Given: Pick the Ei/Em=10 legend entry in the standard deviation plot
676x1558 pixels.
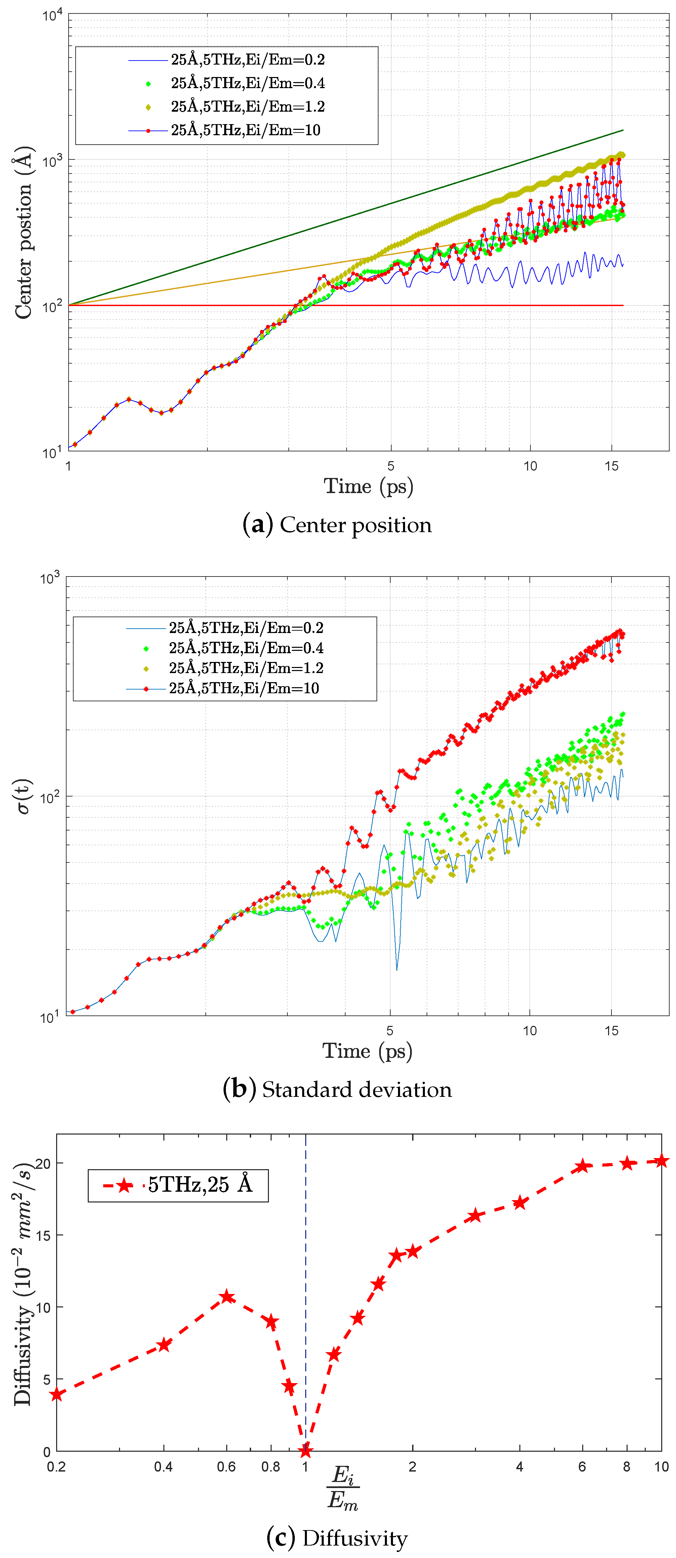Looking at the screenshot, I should pyautogui.click(x=244, y=688).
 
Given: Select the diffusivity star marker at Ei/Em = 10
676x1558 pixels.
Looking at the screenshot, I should pyautogui.click(x=662, y=1161).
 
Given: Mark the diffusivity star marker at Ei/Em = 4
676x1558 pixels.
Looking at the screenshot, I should pyautogui.click(x=519, y=1203).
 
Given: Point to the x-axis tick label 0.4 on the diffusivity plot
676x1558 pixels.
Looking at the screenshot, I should pyautogui.click(x=163, y=1467).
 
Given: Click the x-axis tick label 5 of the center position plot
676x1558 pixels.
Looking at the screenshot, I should pyautogui.click(x=391, y=466).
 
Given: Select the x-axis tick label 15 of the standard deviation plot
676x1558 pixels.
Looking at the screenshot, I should pyautogui.click(x=611, y=1031).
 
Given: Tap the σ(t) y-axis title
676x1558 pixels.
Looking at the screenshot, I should pyautogui.click(x=23, y=796).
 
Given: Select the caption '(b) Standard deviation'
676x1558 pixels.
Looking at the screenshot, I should pyautogui.click(x=337, y=1089).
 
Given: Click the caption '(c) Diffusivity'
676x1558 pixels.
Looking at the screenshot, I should pyautogui.click(x=337, y=1538).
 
